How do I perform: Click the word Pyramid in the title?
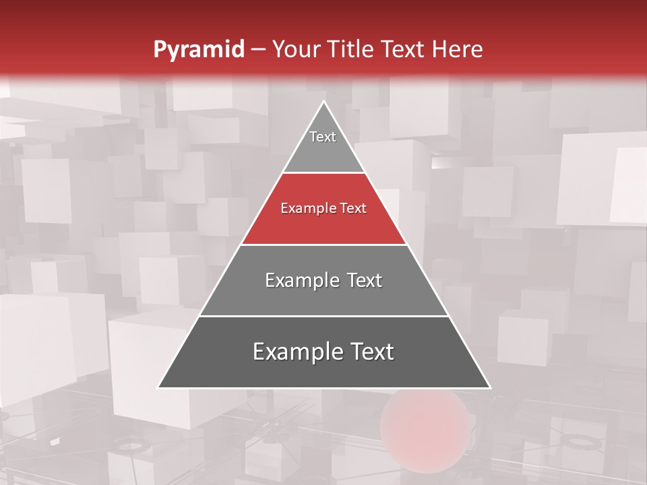(x=198, y=50)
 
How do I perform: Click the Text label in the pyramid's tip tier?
(x=323, y=137)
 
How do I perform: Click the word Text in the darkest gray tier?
(x=369, y=352)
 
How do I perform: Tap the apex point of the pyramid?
(x=323, y=102)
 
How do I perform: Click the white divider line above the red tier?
(x=323, y=173)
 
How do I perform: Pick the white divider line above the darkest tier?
(x=323, y=316)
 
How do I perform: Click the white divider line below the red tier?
(x=323, y=245)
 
